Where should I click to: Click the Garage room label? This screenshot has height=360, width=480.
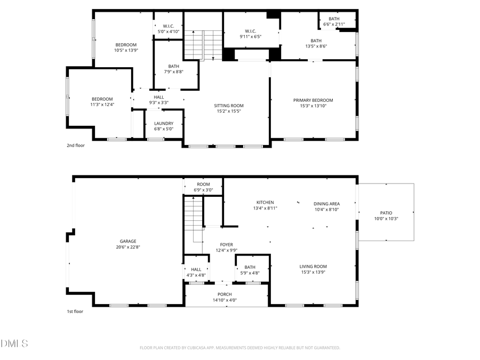click(x=127, y=241)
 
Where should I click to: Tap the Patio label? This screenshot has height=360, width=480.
click(x=386, y=213)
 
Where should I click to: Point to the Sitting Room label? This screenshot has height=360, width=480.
click(x=229, y=106)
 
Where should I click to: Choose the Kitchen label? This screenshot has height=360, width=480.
click(x=265, y=203)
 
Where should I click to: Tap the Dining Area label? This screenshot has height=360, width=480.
click(x=326, y=203)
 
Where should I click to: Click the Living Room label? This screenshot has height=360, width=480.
click(x=313, y=267)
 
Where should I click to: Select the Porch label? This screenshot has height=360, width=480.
click(x=225, y=294)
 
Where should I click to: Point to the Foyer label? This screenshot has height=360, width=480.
click(x=226, y=245)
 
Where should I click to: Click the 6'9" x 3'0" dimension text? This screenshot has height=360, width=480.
click(x=203, y=190)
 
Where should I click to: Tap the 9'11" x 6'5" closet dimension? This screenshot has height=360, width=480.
click(x=251, y=37)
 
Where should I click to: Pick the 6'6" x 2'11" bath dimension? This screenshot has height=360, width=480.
click(x=334, y=25)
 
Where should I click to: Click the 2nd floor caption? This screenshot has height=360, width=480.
click(x=75, y=145)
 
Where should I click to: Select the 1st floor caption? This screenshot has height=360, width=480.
click(x=75, y=311)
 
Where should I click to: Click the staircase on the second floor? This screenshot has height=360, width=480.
click(x=203, y=45)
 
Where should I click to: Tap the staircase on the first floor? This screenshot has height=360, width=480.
click(x=194, y=219)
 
